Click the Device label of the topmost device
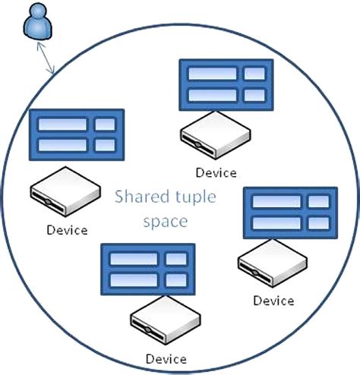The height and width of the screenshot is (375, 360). [216, 173]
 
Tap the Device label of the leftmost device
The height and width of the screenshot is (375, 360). [67, 230]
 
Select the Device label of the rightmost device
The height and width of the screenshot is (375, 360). [273, 301]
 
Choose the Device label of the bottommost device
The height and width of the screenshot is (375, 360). [166, 358]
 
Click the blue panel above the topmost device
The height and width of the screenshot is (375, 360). [226, 84]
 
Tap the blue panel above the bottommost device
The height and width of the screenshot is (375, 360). [148, 269]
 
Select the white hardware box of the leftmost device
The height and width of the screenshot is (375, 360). [66, 194]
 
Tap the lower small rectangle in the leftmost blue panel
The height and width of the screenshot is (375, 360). [106, 143]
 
